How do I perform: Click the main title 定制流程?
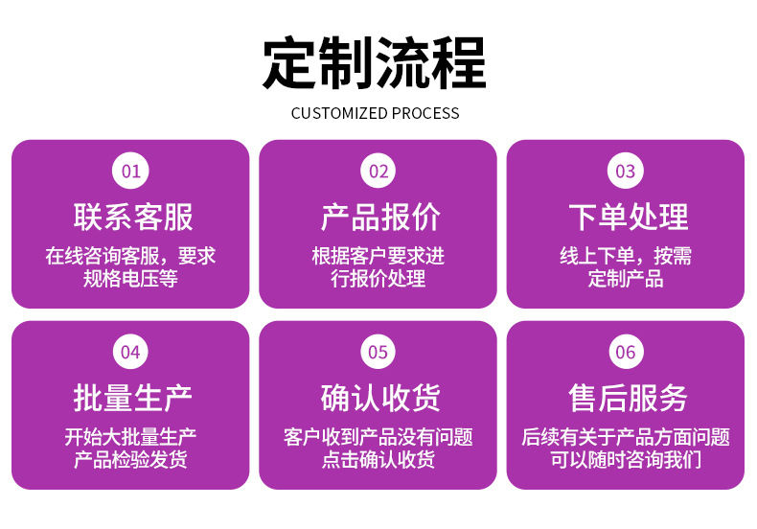pyautogui.click(x=374, y=62)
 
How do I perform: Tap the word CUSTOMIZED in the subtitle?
pyautogui.click(x=340, y=113)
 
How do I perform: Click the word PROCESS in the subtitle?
pyautogui.click(x=425, y=113)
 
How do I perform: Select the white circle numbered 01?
pyautogui.click(x=130, y=171)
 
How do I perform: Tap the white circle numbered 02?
pyautogui.click(x=378, y=171)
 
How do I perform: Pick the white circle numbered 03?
pyautogui.click(x=625, y=171)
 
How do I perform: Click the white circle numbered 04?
pyautogui.click(x=130, y=352)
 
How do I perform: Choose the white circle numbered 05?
pyautogui.click(x=378, y=352)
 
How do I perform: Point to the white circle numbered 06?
pyautogui.click(x=625, y=352)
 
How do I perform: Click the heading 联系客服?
pyautogui.click(x=133, y=218)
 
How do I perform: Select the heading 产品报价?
pyautogui.click(x=380, y=218)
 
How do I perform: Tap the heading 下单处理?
pyautogui.click(x=628, y=218)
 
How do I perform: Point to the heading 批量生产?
pyautogui.click(x=133, y=399)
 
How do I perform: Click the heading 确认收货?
pyautogui.click(x=380, y=399)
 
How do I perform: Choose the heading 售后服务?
pyautogui.click(x=628, y=399)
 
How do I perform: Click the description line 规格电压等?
pyautogui.click(x=130, y=279)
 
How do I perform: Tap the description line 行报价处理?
pyautogui.click(x=378, y=279)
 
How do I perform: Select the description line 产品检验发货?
pyautogui.click(x=130, y=460)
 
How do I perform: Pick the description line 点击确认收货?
pyautogui.click(x=378, y=460)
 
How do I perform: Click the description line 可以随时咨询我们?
pyautogui.click(x=626, y=460)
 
